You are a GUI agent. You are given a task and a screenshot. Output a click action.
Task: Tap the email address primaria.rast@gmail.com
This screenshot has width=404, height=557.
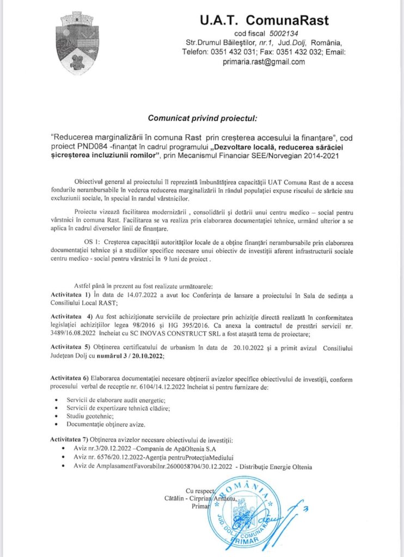point(264,61)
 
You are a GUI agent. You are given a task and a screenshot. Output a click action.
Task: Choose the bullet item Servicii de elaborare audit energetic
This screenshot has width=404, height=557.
point(110,400)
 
